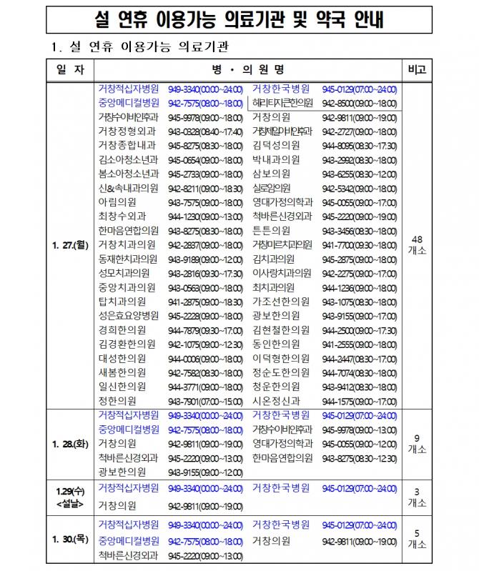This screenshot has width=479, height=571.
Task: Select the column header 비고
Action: [x=417, y=70]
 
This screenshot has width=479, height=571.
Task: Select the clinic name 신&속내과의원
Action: [x=128, y=188]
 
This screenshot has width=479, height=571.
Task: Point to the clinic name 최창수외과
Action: [x=122, y=217]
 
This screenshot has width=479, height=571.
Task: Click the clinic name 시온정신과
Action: [x=277, y=401]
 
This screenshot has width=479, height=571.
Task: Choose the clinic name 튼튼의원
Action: [x=271, y=231]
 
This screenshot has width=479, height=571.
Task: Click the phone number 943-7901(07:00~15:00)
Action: [x=205, y=401]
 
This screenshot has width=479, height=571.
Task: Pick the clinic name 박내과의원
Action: [x=276, y=160]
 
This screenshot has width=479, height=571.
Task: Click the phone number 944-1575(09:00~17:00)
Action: [x=360, y=401]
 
